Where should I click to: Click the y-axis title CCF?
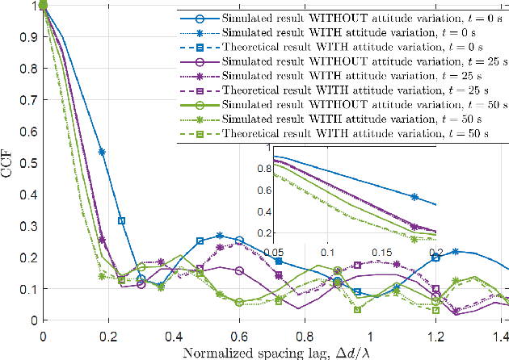coord(10,162)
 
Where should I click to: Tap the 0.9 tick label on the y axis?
coord(28,37)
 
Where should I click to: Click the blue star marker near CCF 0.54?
coord(102,151)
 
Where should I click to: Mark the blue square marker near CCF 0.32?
coord(121,220)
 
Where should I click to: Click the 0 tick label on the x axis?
coord(43,333)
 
